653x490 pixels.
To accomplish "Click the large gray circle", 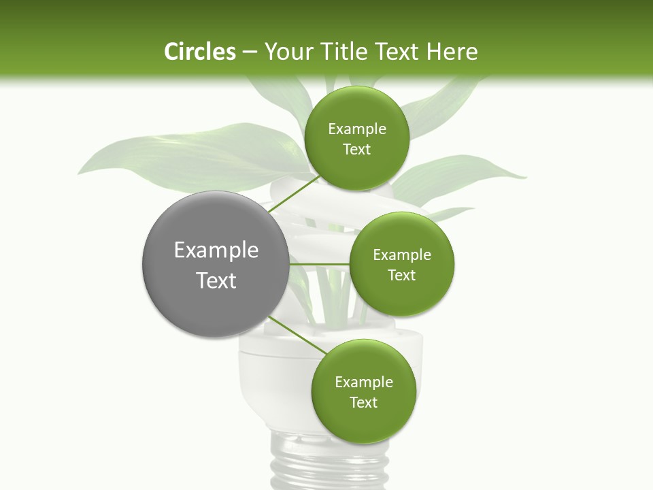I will point(216,264).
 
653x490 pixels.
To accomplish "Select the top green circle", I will point(356,138).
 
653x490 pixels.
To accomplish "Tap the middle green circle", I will point(401,264).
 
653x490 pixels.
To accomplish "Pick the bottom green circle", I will point(363,391).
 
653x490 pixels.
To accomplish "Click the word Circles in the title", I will point(199,52).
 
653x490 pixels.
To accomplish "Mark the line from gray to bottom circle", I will point(297,336).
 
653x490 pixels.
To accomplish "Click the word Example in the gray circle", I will point(216,250).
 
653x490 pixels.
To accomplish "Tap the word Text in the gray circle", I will point(216,280).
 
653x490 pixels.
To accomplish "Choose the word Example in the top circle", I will point(356,129).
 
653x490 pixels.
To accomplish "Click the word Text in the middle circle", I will point(401,275).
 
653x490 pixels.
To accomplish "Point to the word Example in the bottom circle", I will point(363,382).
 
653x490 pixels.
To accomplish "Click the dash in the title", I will point(249,52).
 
